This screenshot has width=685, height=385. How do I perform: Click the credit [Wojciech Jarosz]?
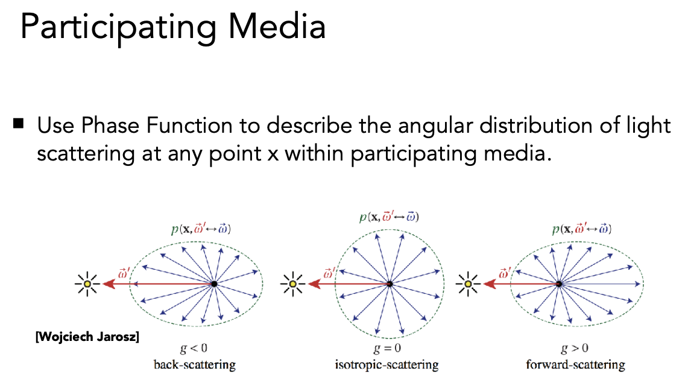pos(87,337)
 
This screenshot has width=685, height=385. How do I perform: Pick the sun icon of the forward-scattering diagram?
pos(467,283)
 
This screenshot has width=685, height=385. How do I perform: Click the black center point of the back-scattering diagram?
pos(214,283)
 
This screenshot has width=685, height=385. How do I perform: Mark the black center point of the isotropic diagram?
pos(390,283)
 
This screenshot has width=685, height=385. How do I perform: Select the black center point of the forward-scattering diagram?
pos(560,283)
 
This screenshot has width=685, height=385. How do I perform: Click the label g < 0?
pos(194,349)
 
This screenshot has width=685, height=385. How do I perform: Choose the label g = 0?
pos(387,349)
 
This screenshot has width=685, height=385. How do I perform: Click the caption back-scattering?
pos(194,364)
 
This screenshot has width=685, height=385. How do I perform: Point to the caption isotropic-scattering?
pos(387,364)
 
